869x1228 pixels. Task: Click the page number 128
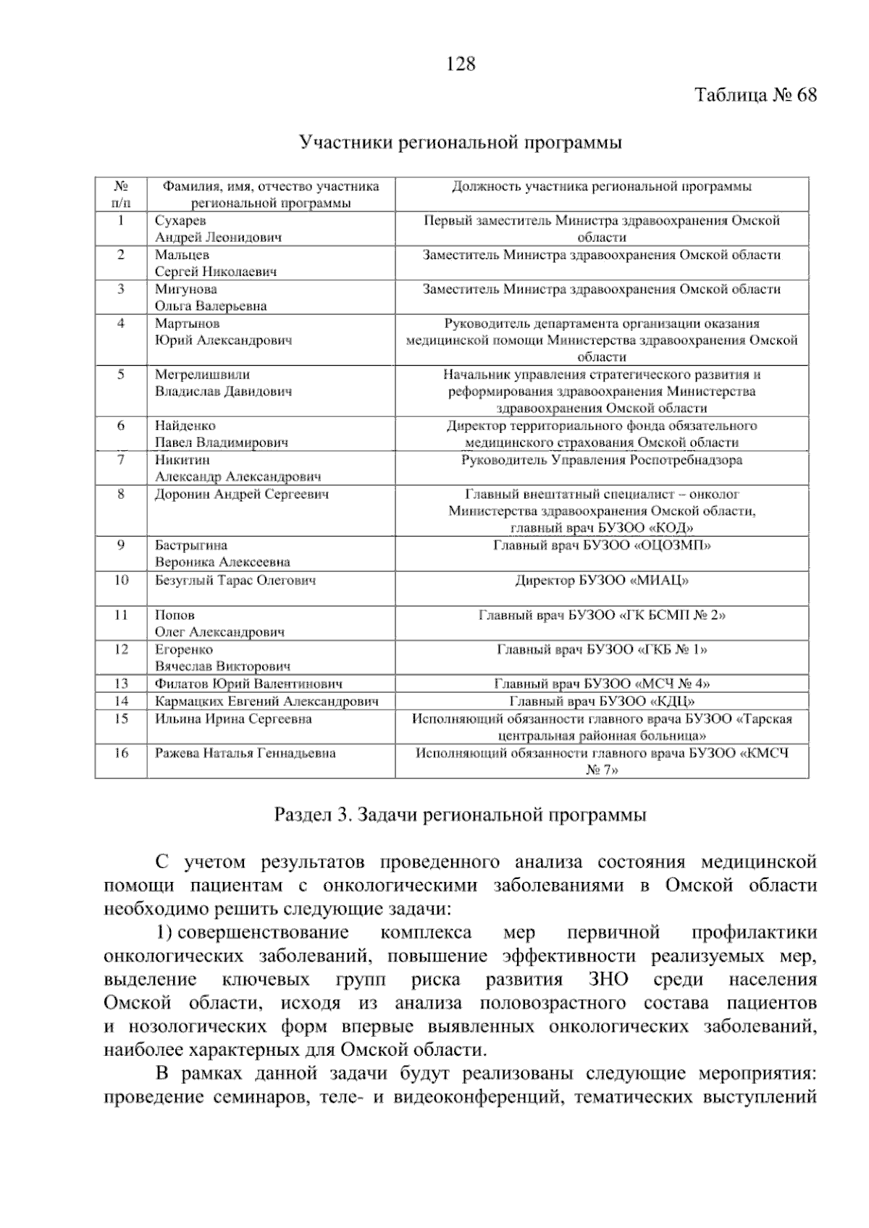[x=461, y=64]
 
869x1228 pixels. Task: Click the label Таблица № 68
[x=756, y=96]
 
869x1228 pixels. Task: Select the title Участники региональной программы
[x=461, y=143]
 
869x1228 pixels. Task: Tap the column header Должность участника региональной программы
[x=602, y=187]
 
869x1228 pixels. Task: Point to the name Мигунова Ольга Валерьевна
[x=210, y=297]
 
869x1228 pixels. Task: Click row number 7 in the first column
[x=121, y=459]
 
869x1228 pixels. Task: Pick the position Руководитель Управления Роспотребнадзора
[x=602, y=460]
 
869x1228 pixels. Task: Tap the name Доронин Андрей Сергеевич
[x=242, y=495]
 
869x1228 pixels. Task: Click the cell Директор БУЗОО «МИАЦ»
[x=602, y=581]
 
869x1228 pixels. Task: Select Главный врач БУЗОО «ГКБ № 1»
[x=602, y=649]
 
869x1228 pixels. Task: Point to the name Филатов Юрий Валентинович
[x=248, y=684]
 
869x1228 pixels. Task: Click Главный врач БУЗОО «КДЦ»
[x=602, y=701]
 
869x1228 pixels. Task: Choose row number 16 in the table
[x=121, y=753]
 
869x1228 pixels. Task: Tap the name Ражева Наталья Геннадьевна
[x=245, y=753]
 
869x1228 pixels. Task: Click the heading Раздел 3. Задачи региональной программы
[x=461, y=815]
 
